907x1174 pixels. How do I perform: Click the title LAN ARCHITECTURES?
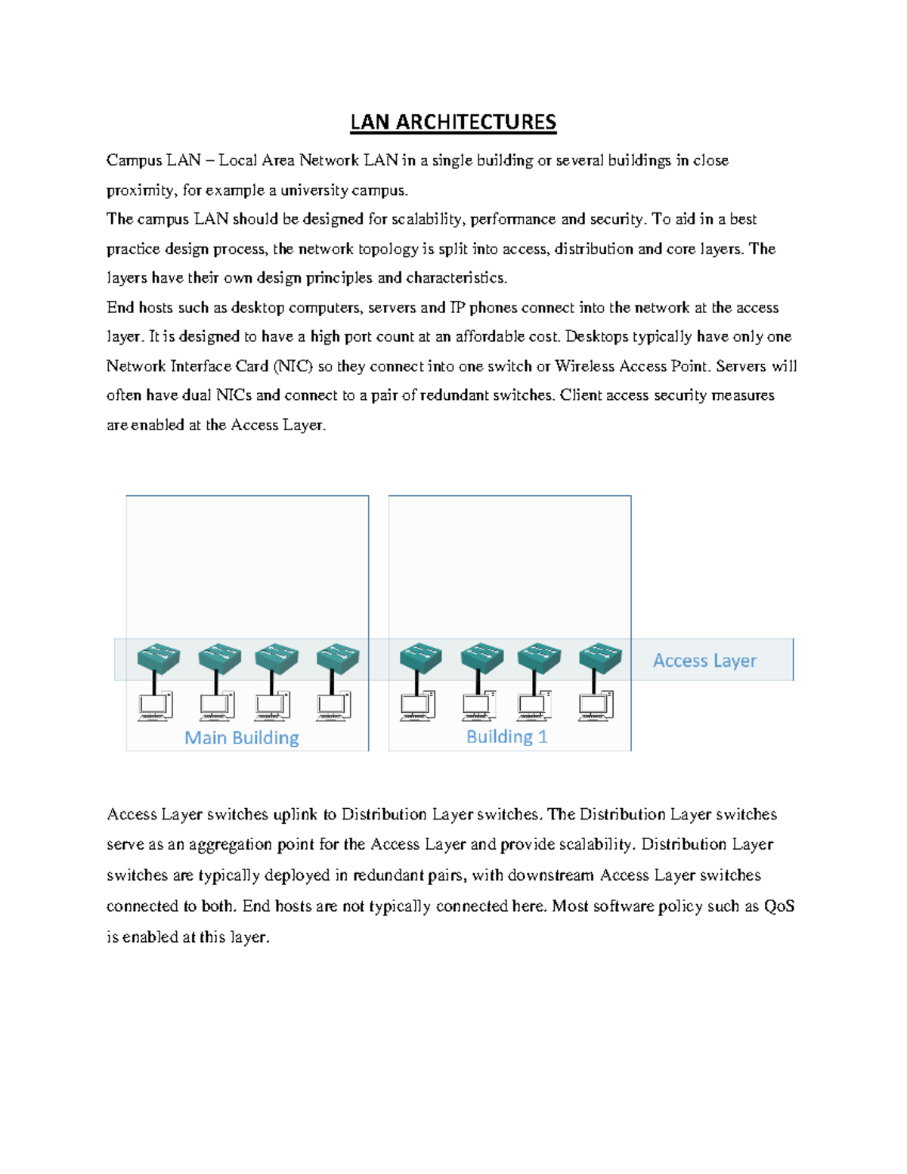pyautogui.click(x=453, y=122)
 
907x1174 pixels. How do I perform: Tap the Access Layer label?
pyautogui.click(x=704, y=661)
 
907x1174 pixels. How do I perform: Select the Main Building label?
pyautogui.click(x=242, y=738)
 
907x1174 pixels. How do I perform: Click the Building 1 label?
pyautogui.click(x=506, y=737)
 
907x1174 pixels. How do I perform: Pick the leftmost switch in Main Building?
pyautogui.click(x=159, y=658)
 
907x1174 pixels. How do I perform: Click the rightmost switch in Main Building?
pyautogui.click(x=337, y=658)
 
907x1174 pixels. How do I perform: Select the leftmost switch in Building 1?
pyautogui.click(x=421, y=658)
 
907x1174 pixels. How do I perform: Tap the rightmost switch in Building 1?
pyautogui.click(x=600, y=658)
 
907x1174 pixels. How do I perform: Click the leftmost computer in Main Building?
pyautogui.click(x=155, y=706)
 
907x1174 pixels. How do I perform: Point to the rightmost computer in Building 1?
pyautogui.click(x=596, y=706)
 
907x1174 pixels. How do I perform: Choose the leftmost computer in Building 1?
pyautogui.click(x=417, y=706)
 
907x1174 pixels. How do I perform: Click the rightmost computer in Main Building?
pyautogui.click(x=333, y=706)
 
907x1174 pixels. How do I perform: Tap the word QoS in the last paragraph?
pyautogui.click(x=779, y=906)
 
